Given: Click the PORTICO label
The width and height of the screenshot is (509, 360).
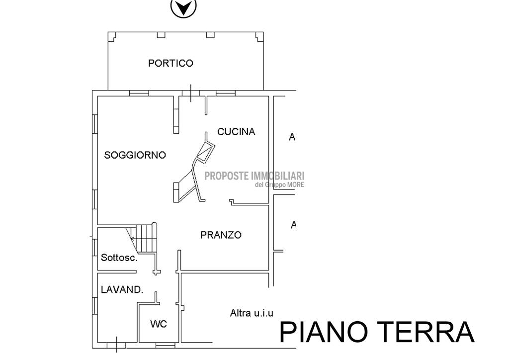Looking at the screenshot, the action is pyautogui.click(x=170, y=63).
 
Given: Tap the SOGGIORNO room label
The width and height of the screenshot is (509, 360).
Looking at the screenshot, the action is pyautogui.click(x=135, y=155).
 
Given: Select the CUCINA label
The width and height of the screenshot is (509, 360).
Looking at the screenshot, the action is pyautogui.click(x=236, y=132).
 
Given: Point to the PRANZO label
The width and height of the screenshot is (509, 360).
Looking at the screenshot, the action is pyautogui.click(x=221, y=235).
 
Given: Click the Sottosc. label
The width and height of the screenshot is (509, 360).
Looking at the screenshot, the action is pyautogui.click(x=119, y=258).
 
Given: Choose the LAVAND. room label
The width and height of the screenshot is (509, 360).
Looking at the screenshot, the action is pyautogui.click(x=122, y=289).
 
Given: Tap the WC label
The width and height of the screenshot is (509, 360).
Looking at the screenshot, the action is pyautogui.click(x=159, y=324).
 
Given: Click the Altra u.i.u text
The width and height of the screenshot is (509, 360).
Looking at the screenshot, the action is pyautogui.click(x=252, y=313).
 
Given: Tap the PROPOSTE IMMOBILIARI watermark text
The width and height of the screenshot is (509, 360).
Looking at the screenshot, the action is pyautogui.click(x=254, y=176).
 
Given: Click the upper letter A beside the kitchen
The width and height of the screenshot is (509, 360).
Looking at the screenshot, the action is pyautogui.click(x=292, y=137).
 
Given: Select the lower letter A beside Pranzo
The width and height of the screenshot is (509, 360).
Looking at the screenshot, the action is pyautogui.click(x=293, y=225).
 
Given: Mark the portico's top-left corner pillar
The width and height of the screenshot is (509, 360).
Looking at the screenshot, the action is pyautogui.click(x=112, y=36).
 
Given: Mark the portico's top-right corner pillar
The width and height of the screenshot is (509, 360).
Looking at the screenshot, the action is pyautogui.click(x=259, y=36).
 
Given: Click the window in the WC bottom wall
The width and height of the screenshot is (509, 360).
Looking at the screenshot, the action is pyautogui.click(x=165, y=346).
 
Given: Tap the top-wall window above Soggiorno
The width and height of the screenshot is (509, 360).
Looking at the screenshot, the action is pyautogui.click(x=139, y=93).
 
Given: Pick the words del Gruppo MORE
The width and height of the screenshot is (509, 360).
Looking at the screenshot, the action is pyautogui.click(x=280, y=184).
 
